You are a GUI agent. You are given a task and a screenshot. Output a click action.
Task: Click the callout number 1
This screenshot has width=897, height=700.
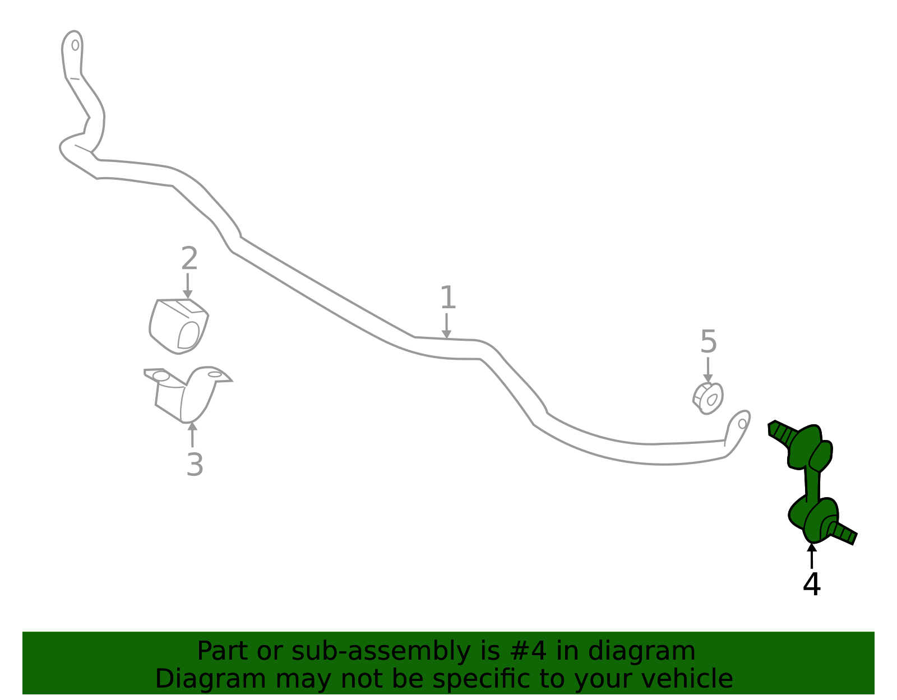click(x=448, y=297)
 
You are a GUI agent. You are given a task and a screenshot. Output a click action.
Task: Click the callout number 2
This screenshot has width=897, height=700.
click(x=189, y=258)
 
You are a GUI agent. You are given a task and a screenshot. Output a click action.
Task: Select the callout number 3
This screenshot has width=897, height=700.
click(x=195, y=465)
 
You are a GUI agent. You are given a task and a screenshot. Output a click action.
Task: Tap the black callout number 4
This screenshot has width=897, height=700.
click(x=812, y=584)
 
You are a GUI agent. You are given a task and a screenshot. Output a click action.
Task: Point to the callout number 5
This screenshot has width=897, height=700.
click(x=709, y=341)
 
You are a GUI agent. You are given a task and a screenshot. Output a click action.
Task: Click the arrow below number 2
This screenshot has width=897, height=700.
click(x=188, y=286)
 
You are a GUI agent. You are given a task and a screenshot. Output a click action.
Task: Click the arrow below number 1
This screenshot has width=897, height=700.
click(x=446, y=326)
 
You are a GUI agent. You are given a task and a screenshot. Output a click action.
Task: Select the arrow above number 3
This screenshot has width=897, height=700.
click(x=192, y=434)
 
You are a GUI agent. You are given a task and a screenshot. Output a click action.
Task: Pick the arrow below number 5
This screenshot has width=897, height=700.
click(x=708, y=370)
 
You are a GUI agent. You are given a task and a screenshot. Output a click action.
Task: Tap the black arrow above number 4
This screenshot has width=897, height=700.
click(x=812, y=556)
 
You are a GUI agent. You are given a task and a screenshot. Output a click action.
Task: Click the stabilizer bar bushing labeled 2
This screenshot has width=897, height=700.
click(x=179, y=326)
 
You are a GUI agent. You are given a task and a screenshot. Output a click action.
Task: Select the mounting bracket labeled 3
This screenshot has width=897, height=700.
click(x=188, y=394)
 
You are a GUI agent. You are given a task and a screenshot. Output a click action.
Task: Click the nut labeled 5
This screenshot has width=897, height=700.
click(x=708, y=398)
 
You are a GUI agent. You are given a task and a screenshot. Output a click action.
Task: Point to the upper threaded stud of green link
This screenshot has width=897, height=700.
click(x=782, y=434)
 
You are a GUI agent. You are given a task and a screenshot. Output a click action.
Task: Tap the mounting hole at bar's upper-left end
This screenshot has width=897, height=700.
click(x=75, y=45)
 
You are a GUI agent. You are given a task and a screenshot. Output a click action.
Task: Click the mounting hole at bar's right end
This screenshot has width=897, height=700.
click(x=742, y=424)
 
